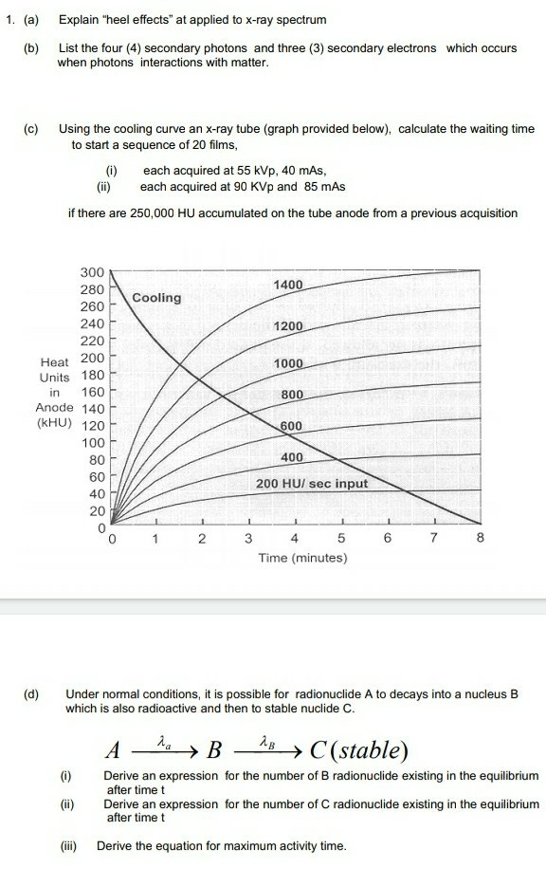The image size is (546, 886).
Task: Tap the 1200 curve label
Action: (288, 326)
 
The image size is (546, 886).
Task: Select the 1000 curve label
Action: (288, 364)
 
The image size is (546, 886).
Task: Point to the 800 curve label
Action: (291, 395)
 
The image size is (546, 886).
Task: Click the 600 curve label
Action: (291, 426)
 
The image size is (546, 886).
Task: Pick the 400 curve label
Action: (292, 458)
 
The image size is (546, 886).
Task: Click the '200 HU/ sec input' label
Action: (312, 484)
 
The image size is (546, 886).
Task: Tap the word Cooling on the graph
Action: (156, 298)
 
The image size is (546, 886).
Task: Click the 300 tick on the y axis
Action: (91, 271)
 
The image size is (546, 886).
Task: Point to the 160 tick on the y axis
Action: (92, 392)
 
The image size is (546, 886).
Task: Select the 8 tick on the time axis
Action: (481, 539)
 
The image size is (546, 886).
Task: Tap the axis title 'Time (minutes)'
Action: (302, 558)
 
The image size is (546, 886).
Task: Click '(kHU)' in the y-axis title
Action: (54, 424)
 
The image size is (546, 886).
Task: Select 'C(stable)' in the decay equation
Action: (355, 751)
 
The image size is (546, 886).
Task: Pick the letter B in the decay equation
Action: (214, 751)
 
